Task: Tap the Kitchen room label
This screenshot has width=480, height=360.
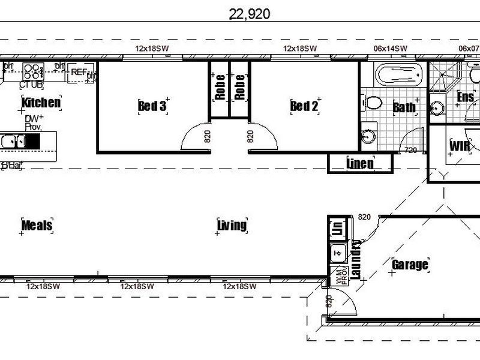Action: pyautogui.click(x=41, y=103)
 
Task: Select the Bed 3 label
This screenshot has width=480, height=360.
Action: pyautogui.click(x=152, y=106)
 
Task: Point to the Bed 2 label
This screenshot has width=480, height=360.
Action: pyautogui.click(x=304, y=106)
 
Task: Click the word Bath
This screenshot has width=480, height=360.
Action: pyautogui.click(x=404, y=107)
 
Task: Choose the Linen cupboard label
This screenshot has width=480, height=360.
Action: pyautogui.click(x=360, y=163)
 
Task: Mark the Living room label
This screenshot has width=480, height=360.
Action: pyautogui.click(x=232, y=226)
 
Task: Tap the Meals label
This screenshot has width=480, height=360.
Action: pyautogui.click(x=37, y=226)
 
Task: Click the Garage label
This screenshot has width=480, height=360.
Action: pyautogui.click(x=410, y=265)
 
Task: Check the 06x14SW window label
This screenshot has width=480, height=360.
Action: pyautogui.click(x=390, y=49)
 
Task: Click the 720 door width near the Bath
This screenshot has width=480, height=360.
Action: pyautogui.click(x=411, y=150)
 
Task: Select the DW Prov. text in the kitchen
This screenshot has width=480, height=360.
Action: pyautogui.click(x=33, y=123)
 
